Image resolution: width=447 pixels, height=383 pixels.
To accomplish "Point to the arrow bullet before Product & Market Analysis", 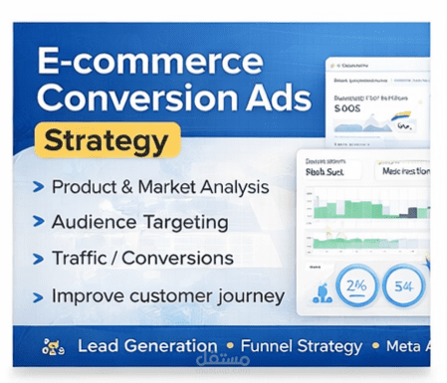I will [38, 186].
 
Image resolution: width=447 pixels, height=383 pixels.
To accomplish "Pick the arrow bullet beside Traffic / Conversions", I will [38, 259].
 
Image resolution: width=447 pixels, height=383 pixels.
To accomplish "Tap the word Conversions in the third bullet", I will [184, 259].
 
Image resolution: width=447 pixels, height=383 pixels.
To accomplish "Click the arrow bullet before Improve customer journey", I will [38, 296].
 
